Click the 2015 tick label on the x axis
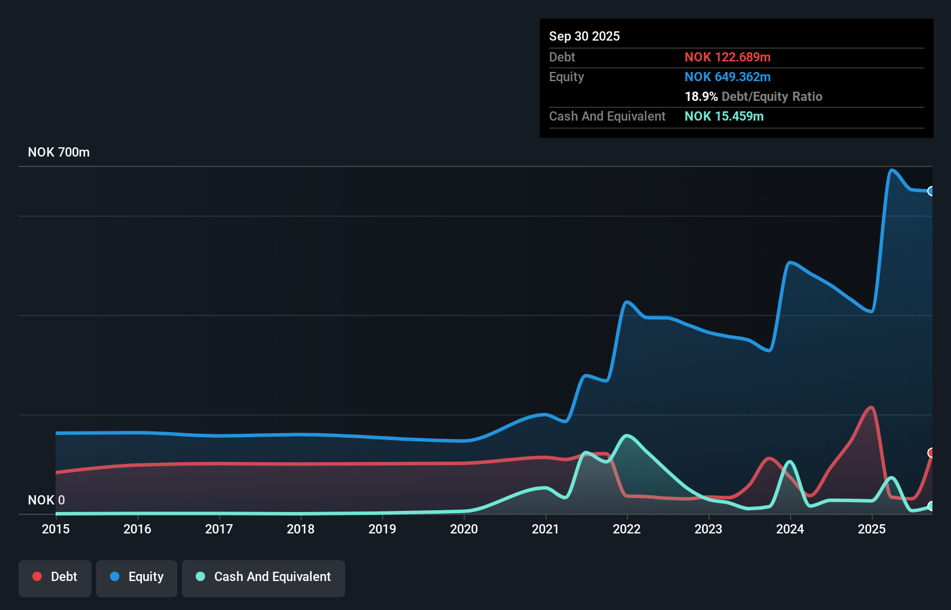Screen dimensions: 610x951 [56, 529]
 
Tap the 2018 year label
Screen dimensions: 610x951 [301, 529]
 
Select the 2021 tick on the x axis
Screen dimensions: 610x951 [546, 529]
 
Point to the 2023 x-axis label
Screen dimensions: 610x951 [708, 529]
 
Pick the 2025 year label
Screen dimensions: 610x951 [872, 529]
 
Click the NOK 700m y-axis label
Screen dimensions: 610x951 [58, 152]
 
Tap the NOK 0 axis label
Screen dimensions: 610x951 [46, 500]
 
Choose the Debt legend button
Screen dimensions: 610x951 [55, 577]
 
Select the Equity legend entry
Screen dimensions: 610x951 [137, 577]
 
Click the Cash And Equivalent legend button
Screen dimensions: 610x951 [264, 577]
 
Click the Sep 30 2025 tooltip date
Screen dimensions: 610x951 [584, 36]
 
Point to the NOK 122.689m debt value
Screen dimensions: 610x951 [727, 57]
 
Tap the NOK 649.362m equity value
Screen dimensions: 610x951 [727, 77]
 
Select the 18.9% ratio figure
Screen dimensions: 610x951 [701, 96]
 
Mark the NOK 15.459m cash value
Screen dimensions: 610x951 [724, 116]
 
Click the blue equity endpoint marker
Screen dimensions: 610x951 [931, 191]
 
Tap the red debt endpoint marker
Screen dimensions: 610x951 [931, 452]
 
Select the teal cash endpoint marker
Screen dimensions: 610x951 [931, 506]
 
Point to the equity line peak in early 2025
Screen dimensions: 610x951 [891, 170]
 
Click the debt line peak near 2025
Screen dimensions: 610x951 [870, 407]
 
